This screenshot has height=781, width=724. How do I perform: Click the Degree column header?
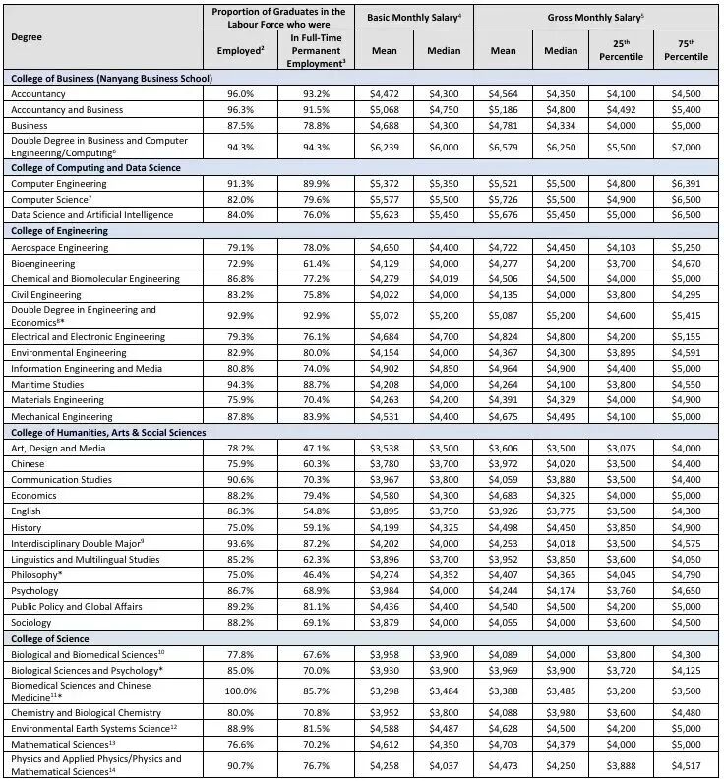27,36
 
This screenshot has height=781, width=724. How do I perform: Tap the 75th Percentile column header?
686,50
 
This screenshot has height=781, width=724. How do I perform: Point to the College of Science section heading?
49,638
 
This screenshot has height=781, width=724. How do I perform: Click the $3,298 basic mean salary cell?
385,691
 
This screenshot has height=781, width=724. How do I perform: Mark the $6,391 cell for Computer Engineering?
686,184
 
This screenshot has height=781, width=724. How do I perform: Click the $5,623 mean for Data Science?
385,215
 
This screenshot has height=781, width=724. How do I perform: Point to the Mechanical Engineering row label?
61,416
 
